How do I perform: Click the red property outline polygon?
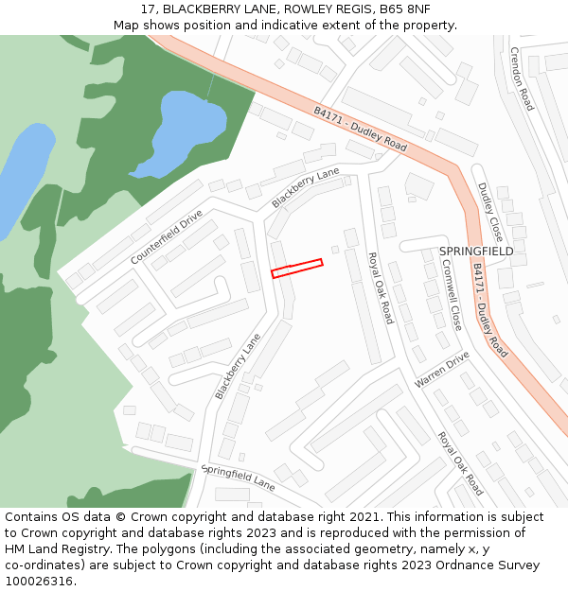(x=297, y=269)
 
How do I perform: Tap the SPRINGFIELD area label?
(x=476, y=252)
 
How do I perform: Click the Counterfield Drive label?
(x=167, y=236)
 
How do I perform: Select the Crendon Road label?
(x=522, y=78)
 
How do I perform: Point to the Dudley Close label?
(x=489, y=212)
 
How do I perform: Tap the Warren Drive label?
(x=441, y=370)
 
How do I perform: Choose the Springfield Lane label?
(x=238, y=477)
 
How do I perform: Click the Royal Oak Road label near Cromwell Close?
(x=380, y=288)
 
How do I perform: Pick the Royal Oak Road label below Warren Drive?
(x=460, y=463)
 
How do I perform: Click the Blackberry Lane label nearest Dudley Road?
(x=305, y=187)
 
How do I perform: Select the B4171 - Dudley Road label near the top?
(x=360, y=129)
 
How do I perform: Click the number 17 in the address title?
(x=148, y=9)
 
